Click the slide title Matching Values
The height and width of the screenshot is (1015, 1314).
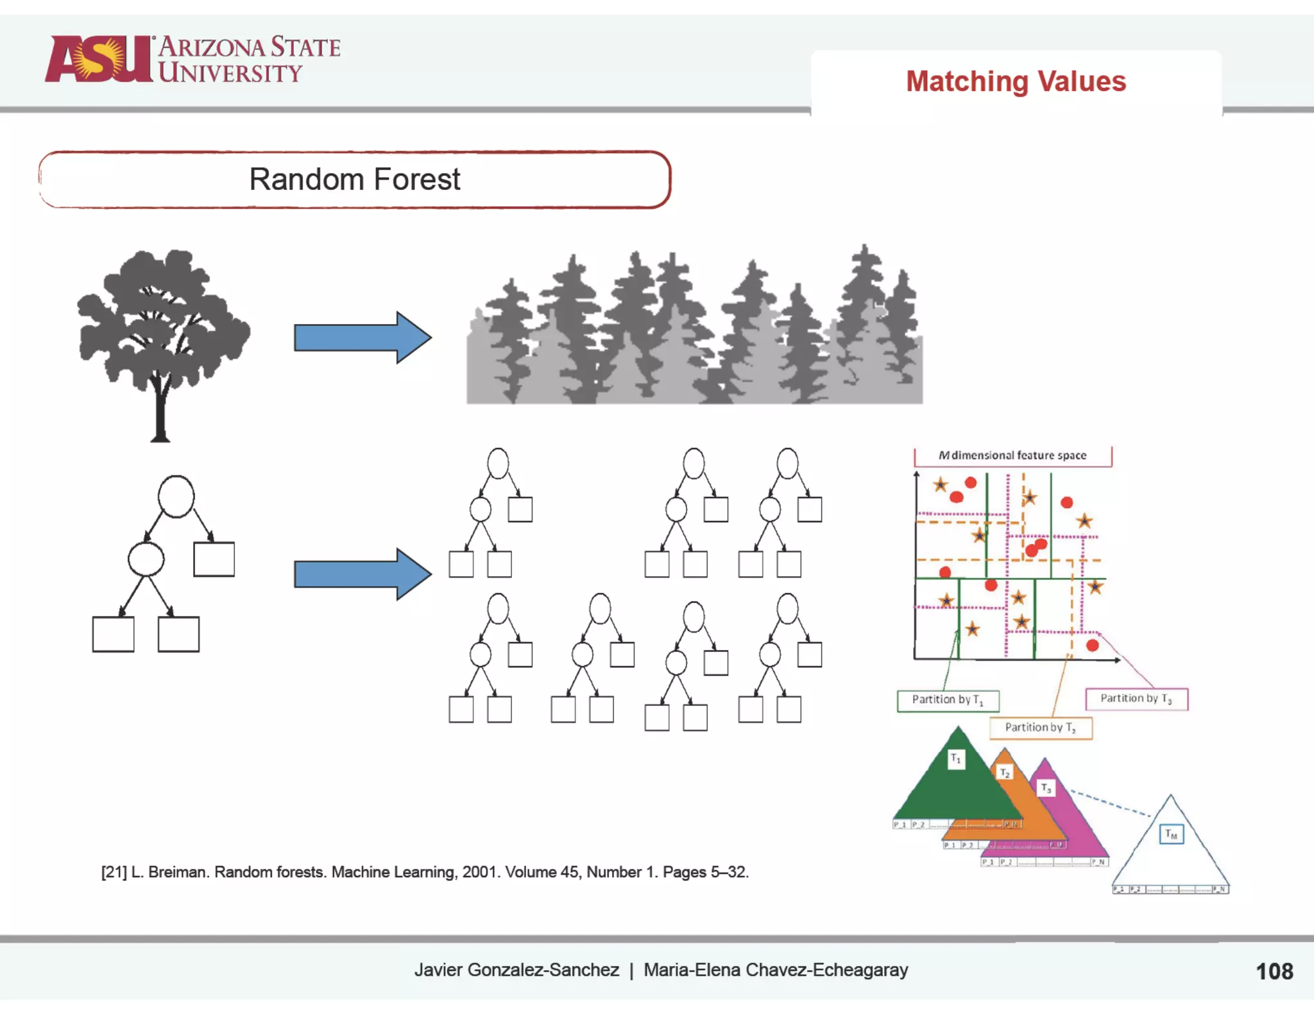(1016, 81)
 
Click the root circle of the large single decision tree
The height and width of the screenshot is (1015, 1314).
(176, 496)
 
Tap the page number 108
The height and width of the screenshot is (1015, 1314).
(1274, 971)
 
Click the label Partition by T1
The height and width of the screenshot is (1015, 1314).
(948, 700)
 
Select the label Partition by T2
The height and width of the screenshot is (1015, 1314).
(1040, 728)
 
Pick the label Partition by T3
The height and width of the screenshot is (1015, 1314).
(1136, 699)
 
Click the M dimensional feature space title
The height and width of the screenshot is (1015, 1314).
(1012, 456)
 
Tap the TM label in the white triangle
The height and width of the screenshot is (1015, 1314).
(1171, 834)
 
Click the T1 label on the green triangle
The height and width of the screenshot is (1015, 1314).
(956, 759)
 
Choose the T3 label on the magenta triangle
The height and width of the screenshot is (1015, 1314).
(1046, 788)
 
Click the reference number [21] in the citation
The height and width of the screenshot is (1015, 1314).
(114, 873)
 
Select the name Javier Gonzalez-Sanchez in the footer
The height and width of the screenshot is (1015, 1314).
(516, 970)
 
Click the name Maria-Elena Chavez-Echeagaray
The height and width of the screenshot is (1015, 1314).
(776, 970)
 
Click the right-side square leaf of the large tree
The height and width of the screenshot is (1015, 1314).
(214, 559)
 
